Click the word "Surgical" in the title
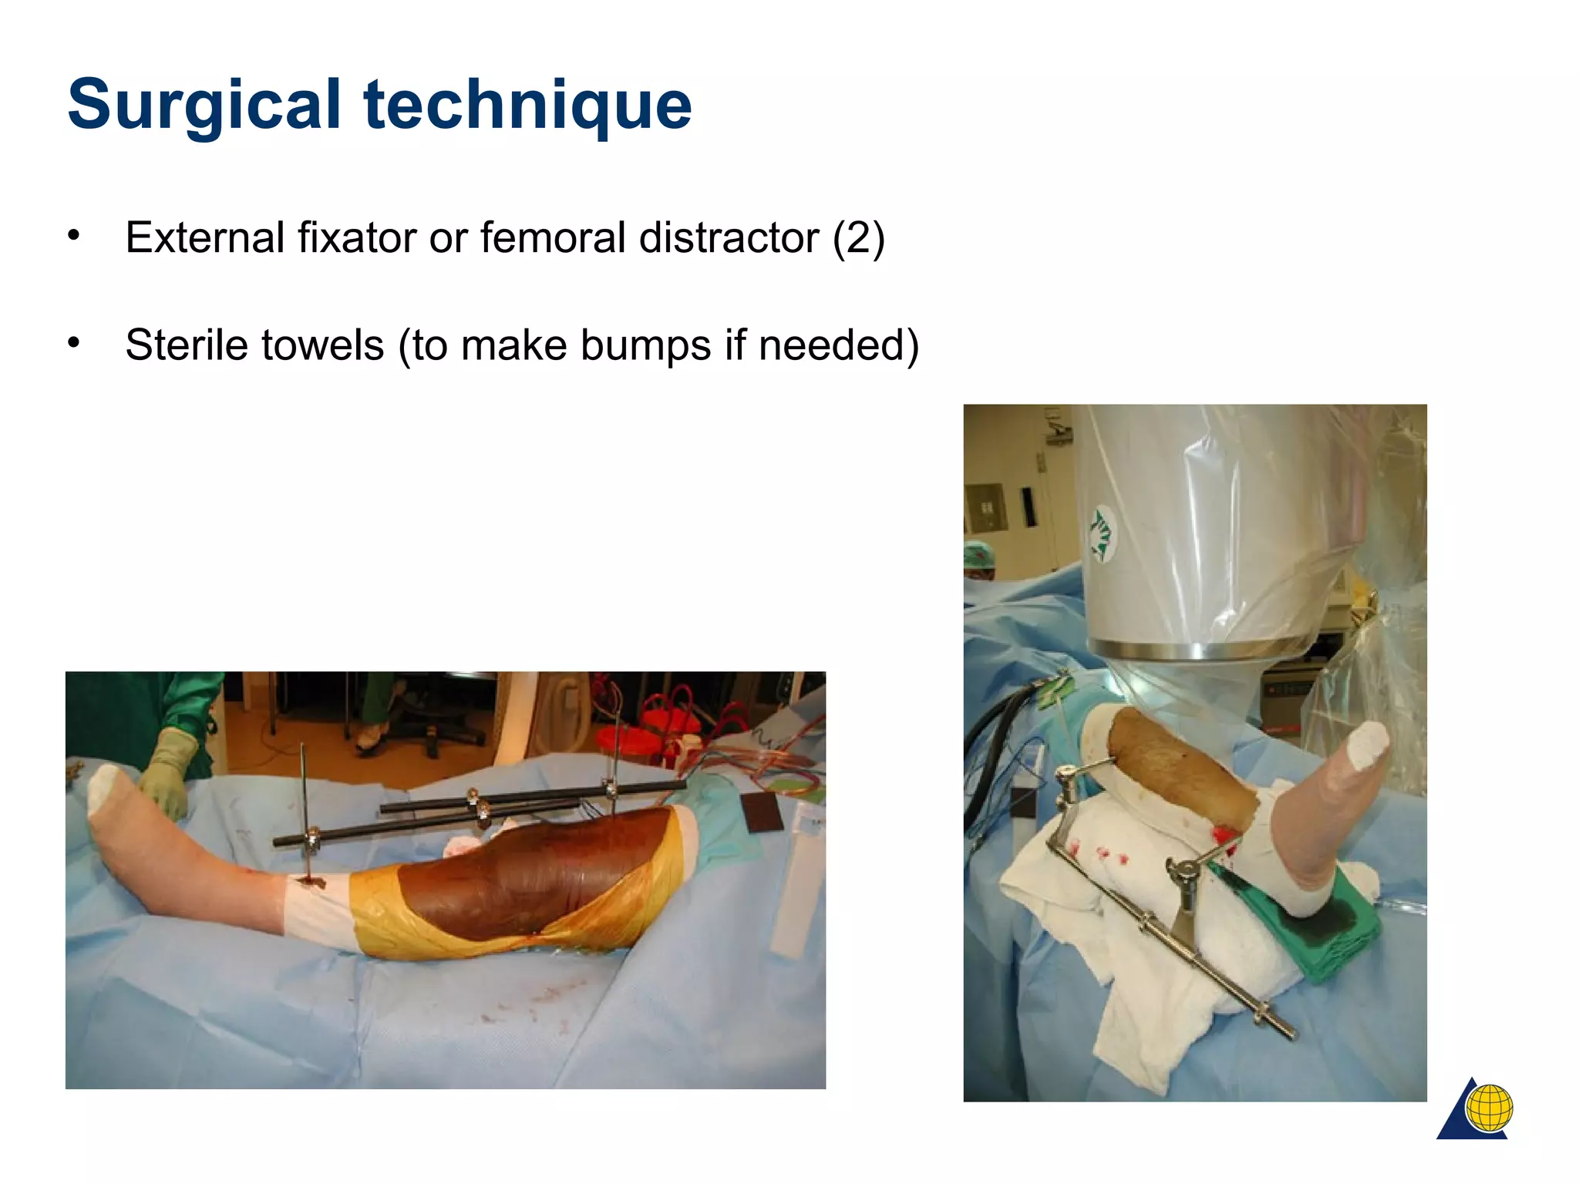click(x=204, y=105)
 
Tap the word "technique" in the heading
click(x=527, y=105)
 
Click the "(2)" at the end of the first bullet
click(x=858, y=237)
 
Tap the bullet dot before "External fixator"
click(x=73, y=235)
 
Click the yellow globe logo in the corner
click(x=1488, y=1108)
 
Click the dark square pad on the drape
click(x=761, y=812)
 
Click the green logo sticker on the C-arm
click(x=1100, y=532)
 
